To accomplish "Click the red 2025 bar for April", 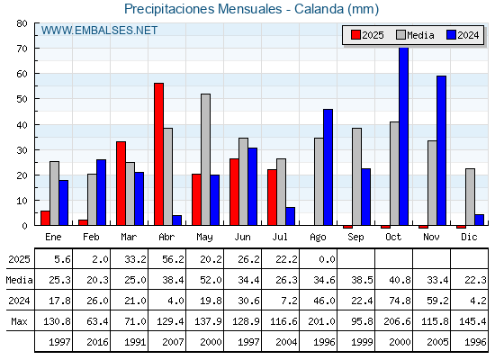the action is click(158, 154).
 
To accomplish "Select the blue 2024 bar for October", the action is click(404, 136).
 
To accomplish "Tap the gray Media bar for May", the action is click(206, 159).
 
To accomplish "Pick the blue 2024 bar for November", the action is click(441, 150).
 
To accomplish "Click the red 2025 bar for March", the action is click(121, 184).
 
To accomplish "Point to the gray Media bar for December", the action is click(470, 197).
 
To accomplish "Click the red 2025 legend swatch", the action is click(355, 35).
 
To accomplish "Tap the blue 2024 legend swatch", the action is click(451, 35).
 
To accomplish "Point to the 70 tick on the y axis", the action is click(22, 49).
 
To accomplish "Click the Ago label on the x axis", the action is click(318, 238).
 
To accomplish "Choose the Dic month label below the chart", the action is click(469, 237).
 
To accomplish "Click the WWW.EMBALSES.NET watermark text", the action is click(99, 31).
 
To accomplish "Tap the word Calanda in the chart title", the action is click(319, 9).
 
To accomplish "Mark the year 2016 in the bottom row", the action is click(97, 342).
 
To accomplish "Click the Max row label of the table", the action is click(19, 321).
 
